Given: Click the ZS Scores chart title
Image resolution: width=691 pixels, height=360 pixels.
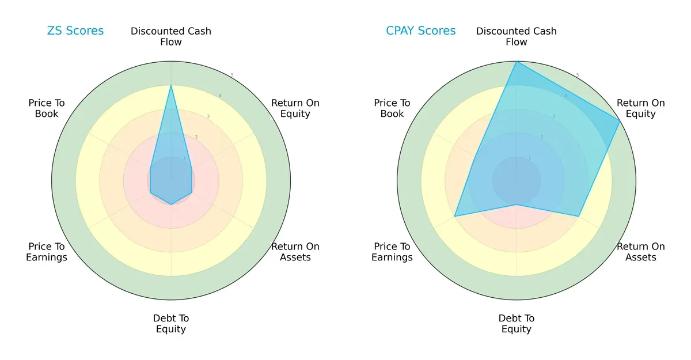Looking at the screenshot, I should point(75,31).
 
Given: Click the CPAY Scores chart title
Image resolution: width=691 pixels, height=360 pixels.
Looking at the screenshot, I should point(420,31).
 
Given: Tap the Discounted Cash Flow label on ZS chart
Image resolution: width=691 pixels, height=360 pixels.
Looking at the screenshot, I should point(171,36).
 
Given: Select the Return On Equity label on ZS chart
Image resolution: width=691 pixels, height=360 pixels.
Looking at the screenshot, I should point(295,108).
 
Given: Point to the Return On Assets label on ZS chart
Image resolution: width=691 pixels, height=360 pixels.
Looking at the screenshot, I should point(295,252).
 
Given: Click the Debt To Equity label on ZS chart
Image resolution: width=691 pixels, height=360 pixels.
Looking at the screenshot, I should point(171,324).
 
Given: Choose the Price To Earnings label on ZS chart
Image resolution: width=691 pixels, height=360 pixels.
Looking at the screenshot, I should point(47,252).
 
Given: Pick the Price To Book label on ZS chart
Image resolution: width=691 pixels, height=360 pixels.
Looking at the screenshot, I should point(47,108).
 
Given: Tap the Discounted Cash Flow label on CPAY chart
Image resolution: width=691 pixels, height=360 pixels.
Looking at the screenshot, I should point(517,36).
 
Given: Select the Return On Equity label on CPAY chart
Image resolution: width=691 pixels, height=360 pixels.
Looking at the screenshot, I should point(640,108).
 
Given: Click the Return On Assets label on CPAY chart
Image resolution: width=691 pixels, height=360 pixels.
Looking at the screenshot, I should point(640,252).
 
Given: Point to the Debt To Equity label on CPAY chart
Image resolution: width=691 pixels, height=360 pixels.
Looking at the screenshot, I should point(517,324).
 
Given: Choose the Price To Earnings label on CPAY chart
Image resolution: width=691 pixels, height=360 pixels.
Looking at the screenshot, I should point(392,252).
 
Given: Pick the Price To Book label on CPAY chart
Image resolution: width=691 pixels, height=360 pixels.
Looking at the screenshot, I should point(392,108).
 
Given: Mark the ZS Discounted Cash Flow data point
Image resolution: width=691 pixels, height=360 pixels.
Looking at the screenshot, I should point(171,86).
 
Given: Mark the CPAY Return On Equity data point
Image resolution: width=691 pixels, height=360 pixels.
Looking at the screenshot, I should point(620,121).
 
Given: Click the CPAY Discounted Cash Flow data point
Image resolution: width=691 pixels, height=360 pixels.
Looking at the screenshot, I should point(517,62).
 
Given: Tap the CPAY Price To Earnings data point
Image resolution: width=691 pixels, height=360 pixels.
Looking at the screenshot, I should point(455,216).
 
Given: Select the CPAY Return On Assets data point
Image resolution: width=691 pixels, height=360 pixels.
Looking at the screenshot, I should point(578,216).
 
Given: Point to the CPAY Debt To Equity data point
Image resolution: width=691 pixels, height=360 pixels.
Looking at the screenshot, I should point(517,204).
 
